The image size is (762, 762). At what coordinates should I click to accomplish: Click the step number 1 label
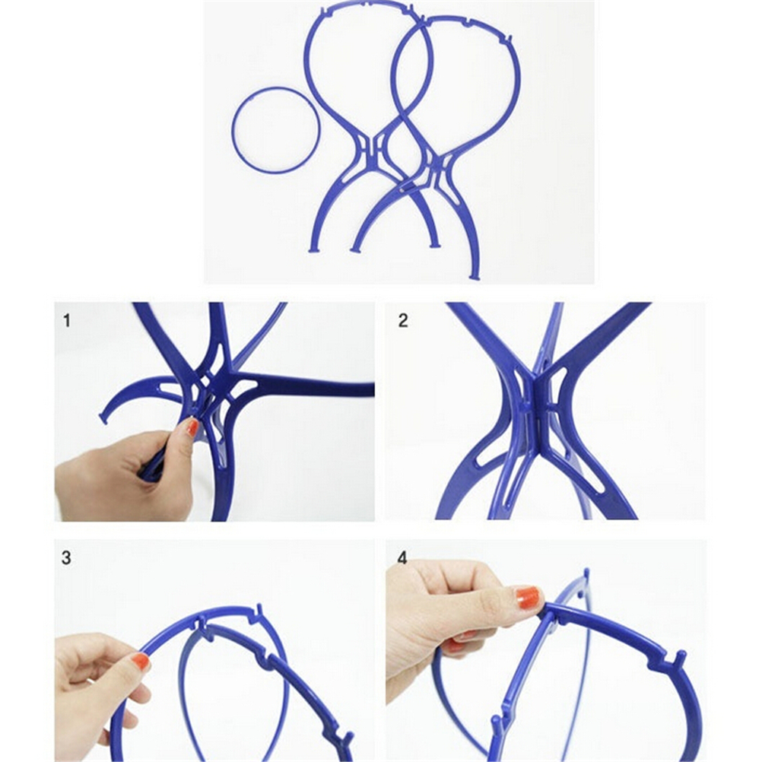pyautogui.click(x=67, y=321)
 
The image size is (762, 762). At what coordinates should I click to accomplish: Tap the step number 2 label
pyautogui.click(x=403, y=321)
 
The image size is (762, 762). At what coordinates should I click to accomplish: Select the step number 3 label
pyautogui.click(x=67, y=558)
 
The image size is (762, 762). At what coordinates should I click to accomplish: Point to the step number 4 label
pyautogui.click(x=402, y=558)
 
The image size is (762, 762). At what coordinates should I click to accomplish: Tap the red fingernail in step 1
pyautogui.click(x=193, y=427)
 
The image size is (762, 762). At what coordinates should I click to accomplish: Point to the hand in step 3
pyautogui.click(x=102, y=690)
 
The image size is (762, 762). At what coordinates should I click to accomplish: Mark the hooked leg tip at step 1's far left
pyautogui.click(x=103, y=418)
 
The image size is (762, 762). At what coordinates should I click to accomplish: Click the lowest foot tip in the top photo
pyautogui.click(x=475, y=277)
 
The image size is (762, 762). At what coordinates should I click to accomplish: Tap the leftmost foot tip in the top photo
pyautogui.click(x=313, y=249)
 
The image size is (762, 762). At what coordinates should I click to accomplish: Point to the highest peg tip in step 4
pyautogui.click(x=586, y=573)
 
